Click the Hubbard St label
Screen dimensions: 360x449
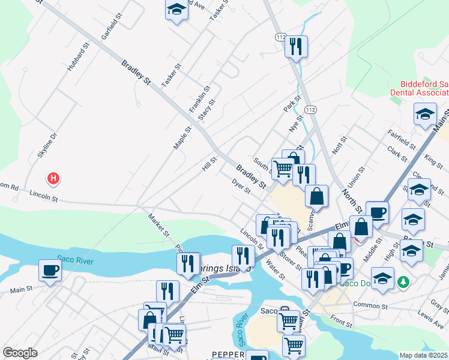pos(79,56)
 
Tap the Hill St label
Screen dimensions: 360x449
pos(209,162)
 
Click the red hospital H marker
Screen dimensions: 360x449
pos(53,178)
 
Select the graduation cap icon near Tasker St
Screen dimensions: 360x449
pos(176,10)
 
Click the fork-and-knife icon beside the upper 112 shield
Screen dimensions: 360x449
pos(296,46)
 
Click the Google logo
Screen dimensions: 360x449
pos(20,353)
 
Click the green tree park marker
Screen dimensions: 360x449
pos(405,281)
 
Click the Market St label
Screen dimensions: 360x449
pos(160,225)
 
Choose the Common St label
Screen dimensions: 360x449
pos(368,305)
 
